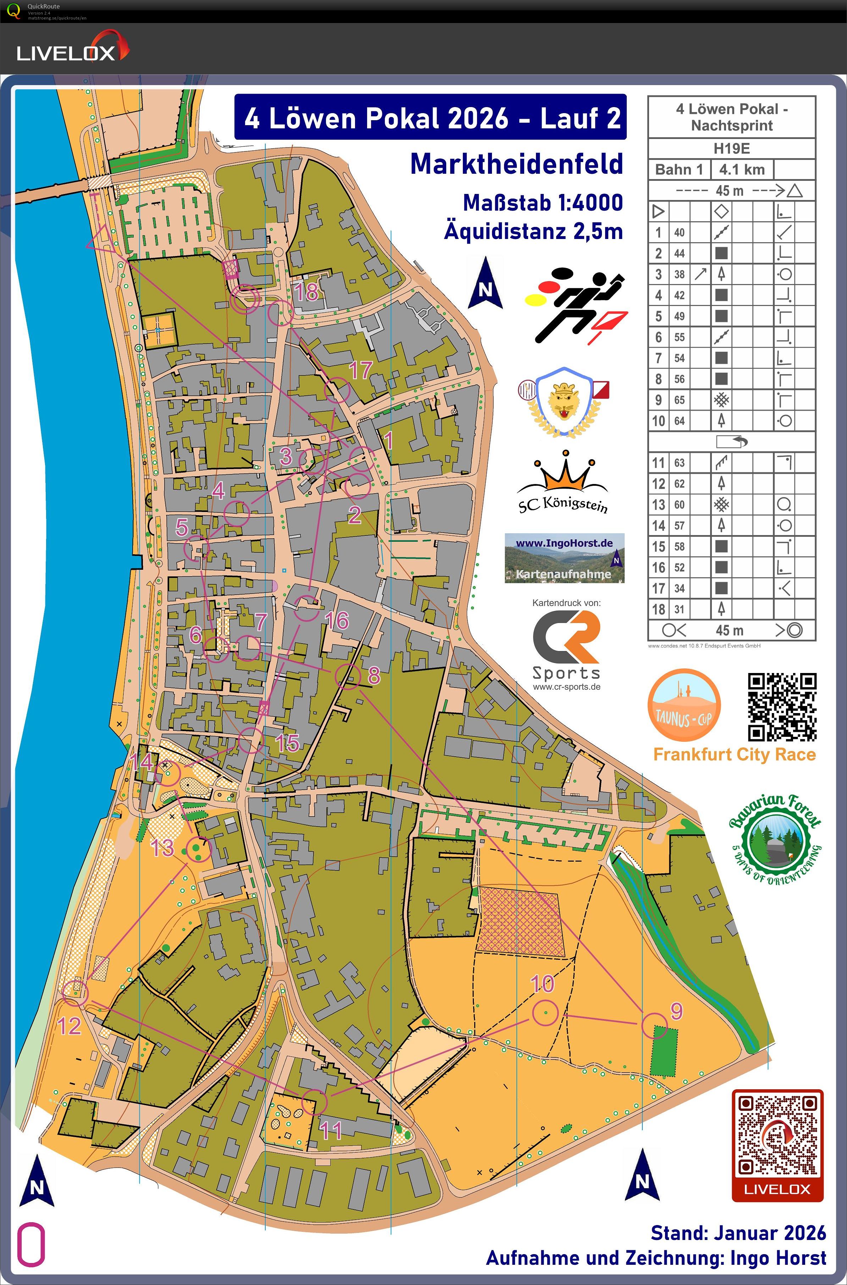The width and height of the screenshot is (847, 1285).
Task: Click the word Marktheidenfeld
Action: pyautogui.click(x=516, y=164)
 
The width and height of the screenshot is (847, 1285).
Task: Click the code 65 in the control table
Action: pyautogui.click(x=679, y=400)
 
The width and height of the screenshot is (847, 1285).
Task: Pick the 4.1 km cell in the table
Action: pyautogui.click(x=742, y=169)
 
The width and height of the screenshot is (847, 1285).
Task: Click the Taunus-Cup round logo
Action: pyautogui.click(x=684, y=706)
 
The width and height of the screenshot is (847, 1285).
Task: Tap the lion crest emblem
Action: pyautogui.click(x=563, y=402)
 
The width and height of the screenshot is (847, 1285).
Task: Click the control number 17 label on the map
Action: pyautogui.click(x=360, y=371)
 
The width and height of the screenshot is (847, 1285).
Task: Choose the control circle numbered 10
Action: pyautogui.click(x=545, y=1012)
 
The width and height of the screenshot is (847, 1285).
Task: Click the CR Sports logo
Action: pyautogui.click(x=566, y=646)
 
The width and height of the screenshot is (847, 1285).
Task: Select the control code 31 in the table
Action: pyautogui.click(x=679, y=610)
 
